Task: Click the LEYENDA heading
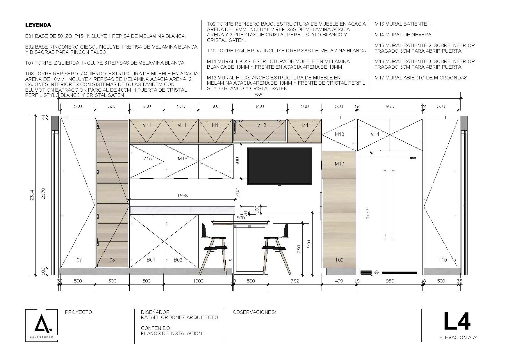click(x=38, y=25)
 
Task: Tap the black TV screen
click(x=280, y=166)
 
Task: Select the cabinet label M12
click(x=261, y=125)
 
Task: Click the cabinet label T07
click(x=78, y=260)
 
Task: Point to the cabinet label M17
click(x=339, y=164)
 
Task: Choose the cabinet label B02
click(x=178, y=260)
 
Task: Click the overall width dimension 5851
click(x=260, y=95)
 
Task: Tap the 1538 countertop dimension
click(x=182, y=195)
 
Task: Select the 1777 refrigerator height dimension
click(x=367, y=214)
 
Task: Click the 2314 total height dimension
click(x=32, y=195)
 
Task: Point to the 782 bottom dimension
click(x=295, y=281)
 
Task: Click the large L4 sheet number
click(x=457, y=321)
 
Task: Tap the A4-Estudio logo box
click(x=41, y=326)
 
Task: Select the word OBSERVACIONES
click(x=254, y=312)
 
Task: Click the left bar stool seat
click(x=215, y=248)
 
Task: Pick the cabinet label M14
click(x=375, y=134)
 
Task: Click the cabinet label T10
click(x=443, y=260)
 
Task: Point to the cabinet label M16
click(x=183, y=159)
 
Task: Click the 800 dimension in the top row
click(x=260, y=106)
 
